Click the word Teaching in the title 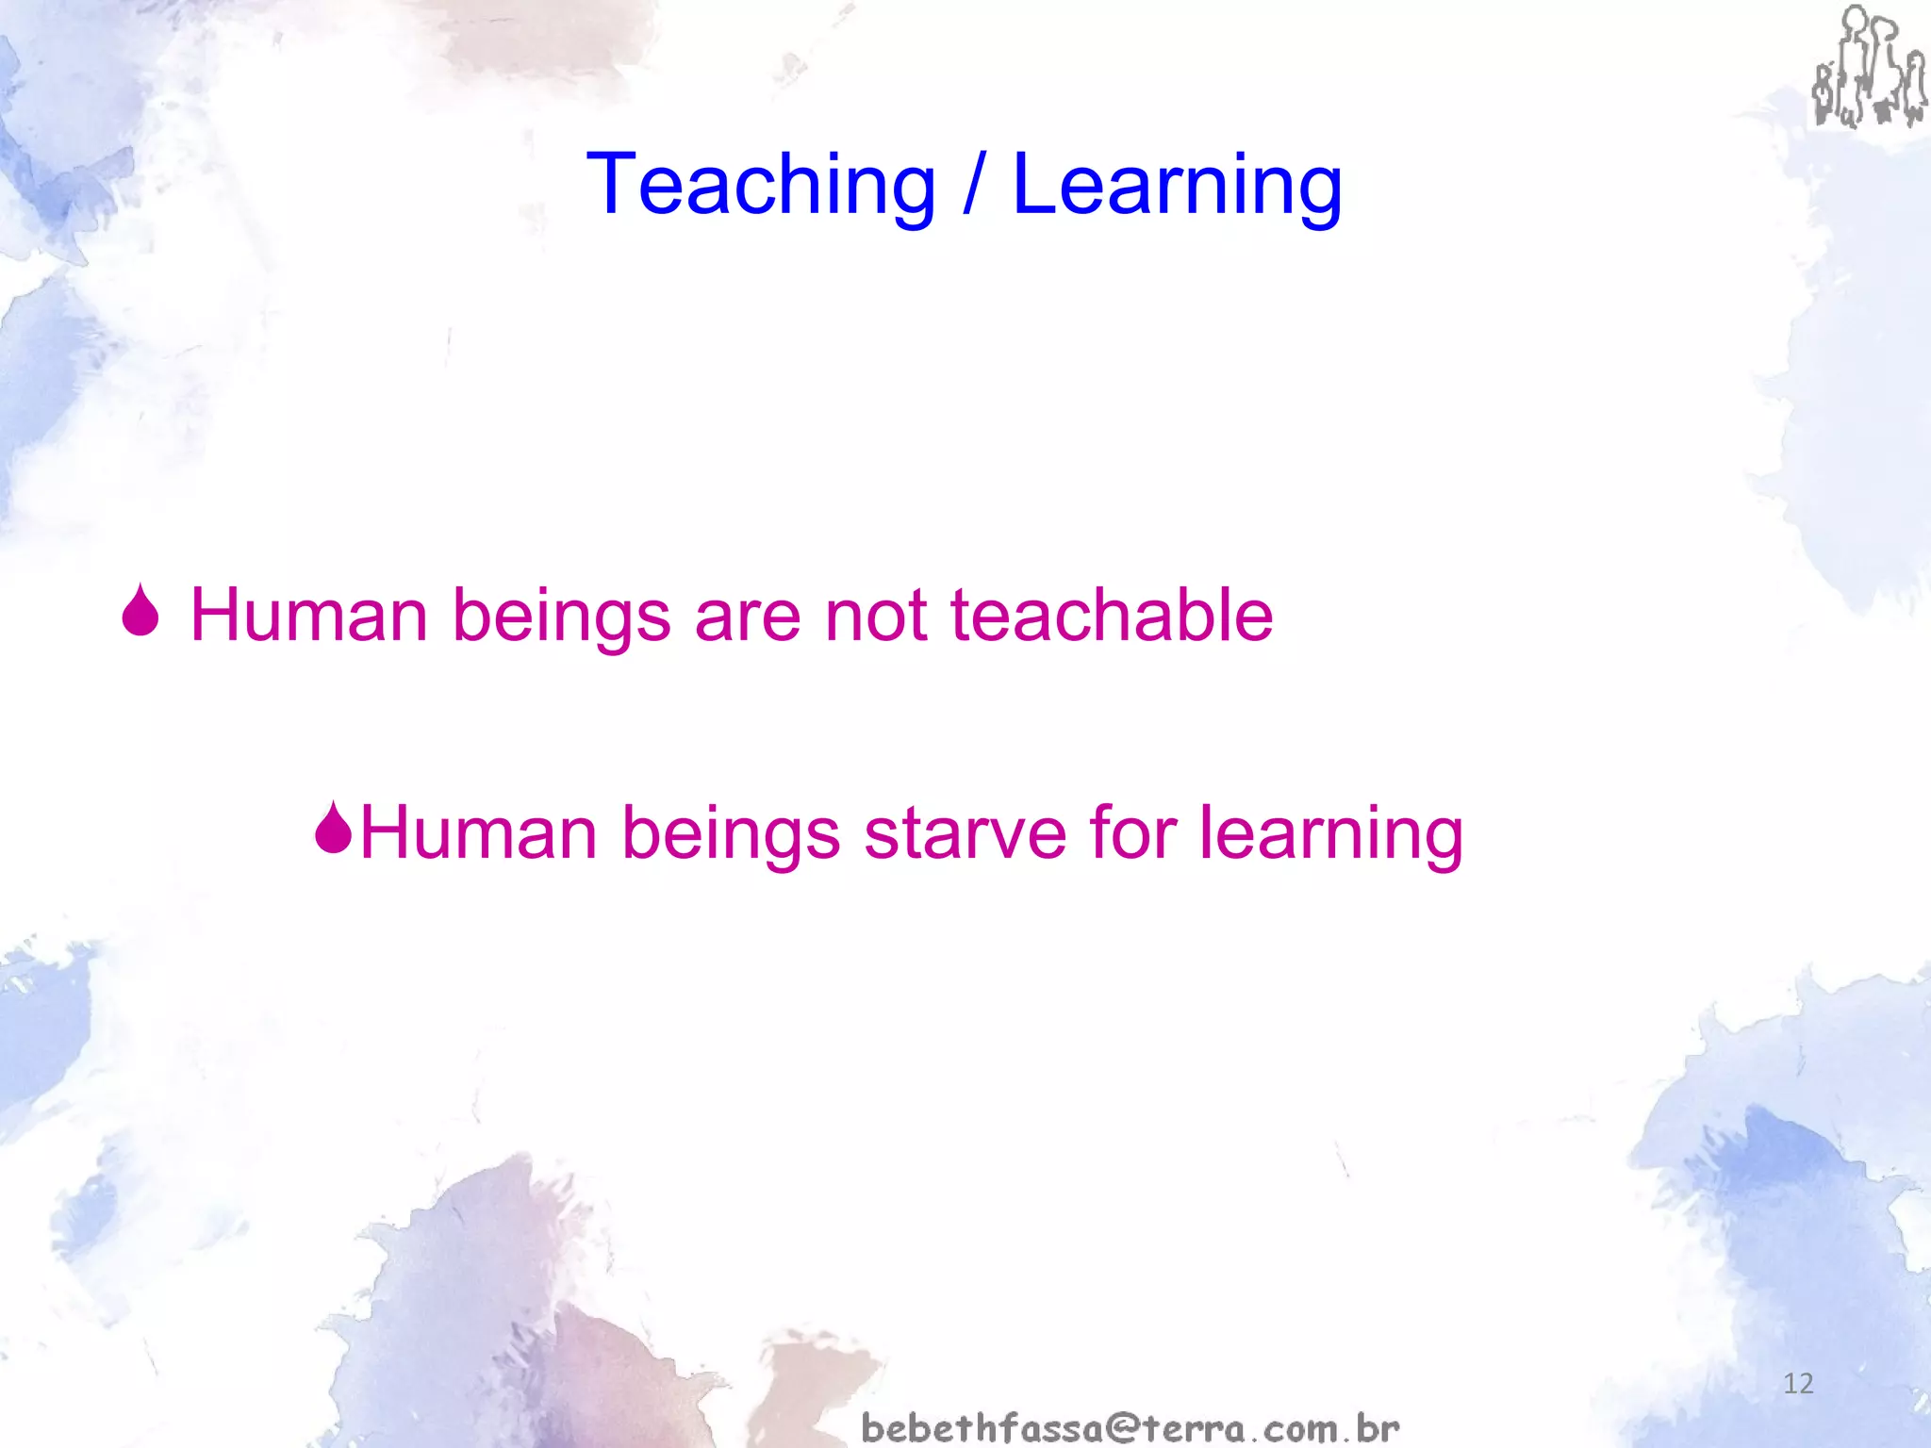point(760,186)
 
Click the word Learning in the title point(1177,186)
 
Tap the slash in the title point(973,186)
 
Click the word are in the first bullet point(747,616)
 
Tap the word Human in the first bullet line point(309,616)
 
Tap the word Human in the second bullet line point(479,833)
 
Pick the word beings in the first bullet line point(562,616)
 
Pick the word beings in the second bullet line point(731,833)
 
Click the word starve point(964,833)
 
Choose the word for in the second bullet point(1131,833)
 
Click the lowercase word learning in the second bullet point(1330,833)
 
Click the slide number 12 point(1798,1384)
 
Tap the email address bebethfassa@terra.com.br point(1131,1427)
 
